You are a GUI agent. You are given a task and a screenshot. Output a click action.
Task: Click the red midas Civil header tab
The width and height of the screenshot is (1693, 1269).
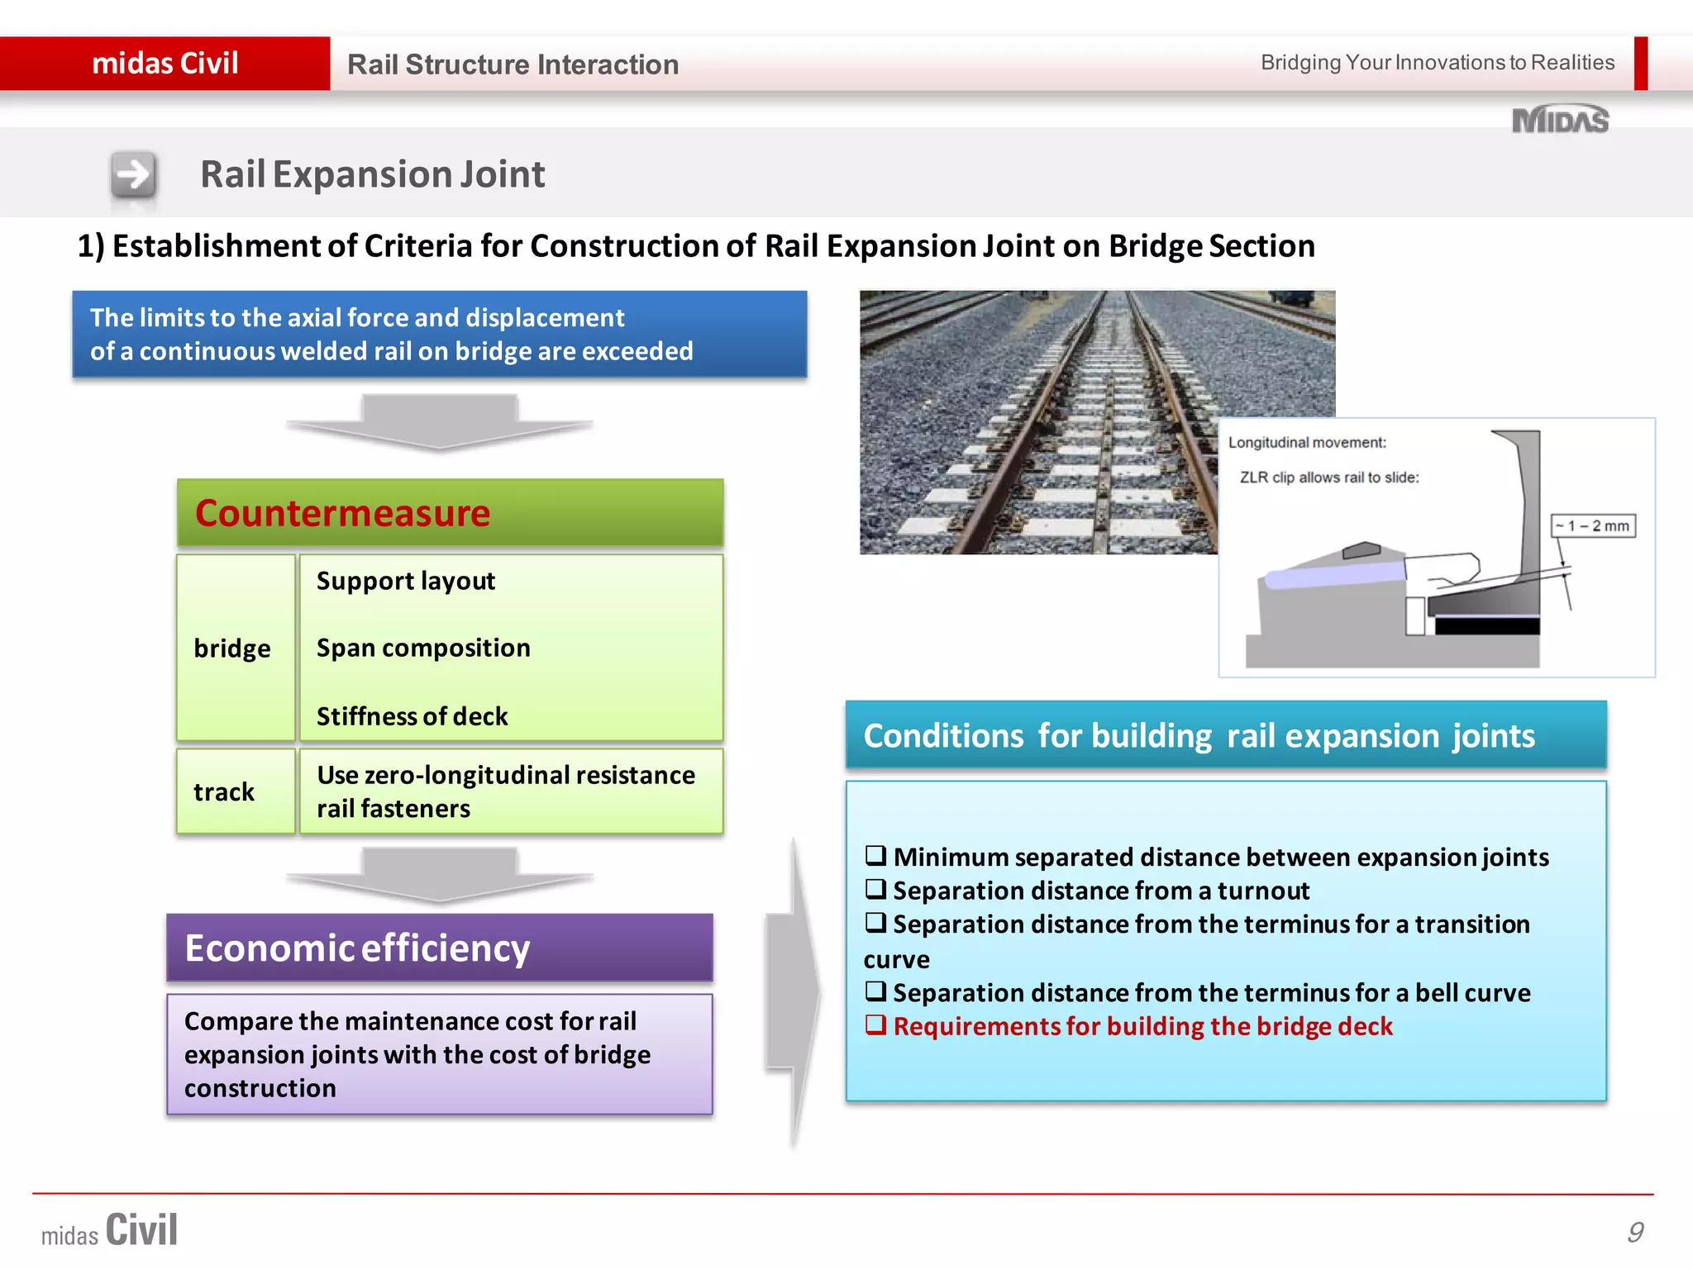[x=165, y=64]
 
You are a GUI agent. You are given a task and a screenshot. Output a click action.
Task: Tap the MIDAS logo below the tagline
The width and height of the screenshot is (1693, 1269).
[x=1560, y=121]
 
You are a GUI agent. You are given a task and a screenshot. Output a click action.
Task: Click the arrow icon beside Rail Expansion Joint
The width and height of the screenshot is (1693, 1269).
[x=133, y=174]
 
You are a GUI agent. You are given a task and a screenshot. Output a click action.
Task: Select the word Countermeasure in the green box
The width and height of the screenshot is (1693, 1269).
[x=342, y=513]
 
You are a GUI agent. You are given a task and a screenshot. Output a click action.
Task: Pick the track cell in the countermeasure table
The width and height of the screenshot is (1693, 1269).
[x=225, y=791]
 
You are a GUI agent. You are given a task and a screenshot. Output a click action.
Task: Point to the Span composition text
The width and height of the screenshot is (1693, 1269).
[x=423, y=648]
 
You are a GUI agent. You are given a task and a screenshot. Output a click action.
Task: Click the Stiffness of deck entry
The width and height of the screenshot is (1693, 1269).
[x=412, y=716]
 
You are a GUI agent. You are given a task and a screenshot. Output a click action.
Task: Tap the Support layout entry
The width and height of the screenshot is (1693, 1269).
[x=405, y=581]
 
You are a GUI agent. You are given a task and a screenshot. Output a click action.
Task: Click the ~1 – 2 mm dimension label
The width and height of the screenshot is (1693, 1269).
[x=1592, y=526]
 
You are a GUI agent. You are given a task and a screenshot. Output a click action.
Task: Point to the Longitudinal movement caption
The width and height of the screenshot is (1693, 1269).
[x=1306, y=443]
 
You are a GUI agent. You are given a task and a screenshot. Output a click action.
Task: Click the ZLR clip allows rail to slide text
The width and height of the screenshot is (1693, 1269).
[x=1328, y=478]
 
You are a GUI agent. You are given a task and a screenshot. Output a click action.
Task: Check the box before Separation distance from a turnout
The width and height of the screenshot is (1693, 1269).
[x=875, y=889]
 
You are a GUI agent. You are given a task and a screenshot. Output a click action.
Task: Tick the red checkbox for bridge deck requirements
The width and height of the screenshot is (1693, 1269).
[x=875, y=1024]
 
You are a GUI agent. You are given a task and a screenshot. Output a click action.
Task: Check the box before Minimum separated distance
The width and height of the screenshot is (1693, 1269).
[x=875, y=855]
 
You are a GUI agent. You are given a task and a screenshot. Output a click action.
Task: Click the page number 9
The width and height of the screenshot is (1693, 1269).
[x=1634, y=1232]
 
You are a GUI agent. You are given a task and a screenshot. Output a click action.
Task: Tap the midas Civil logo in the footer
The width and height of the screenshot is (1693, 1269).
[x=110, y=1230]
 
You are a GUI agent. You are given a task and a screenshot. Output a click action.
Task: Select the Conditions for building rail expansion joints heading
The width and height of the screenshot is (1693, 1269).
[x=1199, y=735]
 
